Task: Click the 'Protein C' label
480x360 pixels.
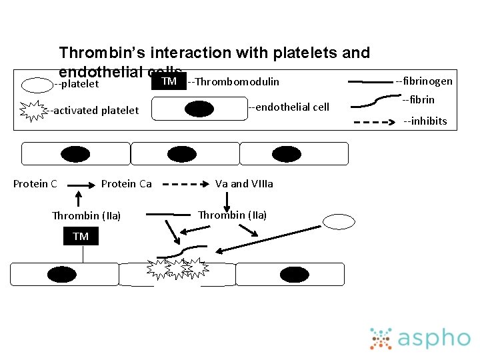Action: pos(35,184)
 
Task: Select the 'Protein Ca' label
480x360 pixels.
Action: pos(127,184)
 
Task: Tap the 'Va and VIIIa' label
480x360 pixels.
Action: pos(244,184)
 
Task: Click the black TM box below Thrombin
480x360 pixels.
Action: pos(81,237)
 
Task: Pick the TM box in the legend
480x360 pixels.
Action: pos(169,81)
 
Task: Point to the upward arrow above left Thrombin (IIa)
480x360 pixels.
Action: pos(79,199)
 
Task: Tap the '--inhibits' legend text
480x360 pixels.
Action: pos(425,121)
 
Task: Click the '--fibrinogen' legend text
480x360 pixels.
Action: pos(423,81)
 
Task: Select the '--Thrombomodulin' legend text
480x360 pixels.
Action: pos(233,82)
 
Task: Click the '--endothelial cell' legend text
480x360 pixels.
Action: pos(288,107)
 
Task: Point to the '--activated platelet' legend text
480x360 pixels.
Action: pos(93,111)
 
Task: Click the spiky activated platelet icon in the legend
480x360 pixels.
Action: pos(32,111)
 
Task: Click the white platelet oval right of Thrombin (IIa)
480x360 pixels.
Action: pos(339,221)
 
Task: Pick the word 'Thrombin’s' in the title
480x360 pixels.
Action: pos(102,53)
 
